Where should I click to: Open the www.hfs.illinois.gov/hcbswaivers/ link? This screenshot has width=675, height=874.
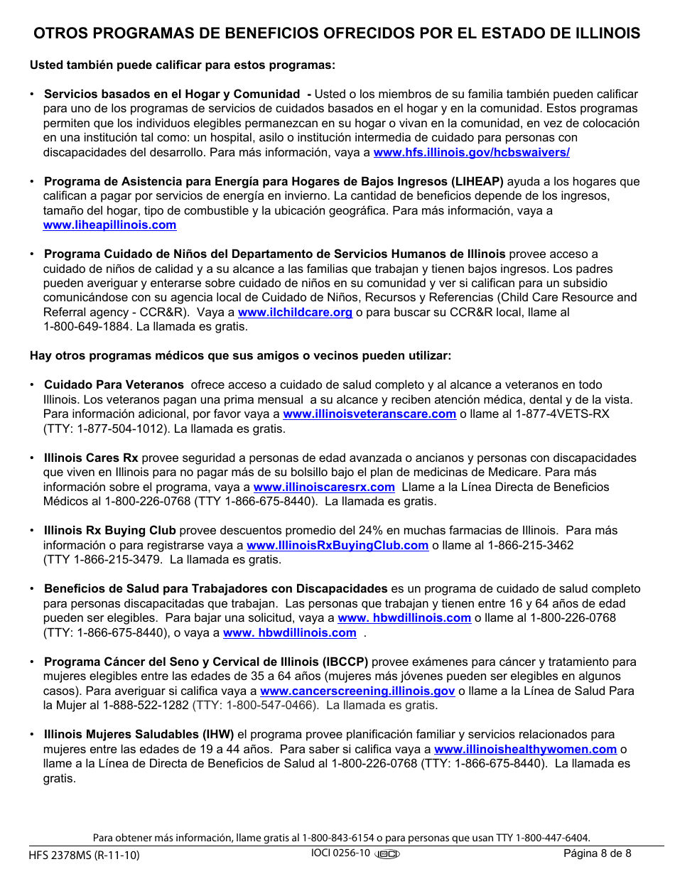[x=471, y=152]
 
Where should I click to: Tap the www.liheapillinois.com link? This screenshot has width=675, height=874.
[x=109, y=225]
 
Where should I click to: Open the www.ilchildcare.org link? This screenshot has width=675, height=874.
[x=295, y=312]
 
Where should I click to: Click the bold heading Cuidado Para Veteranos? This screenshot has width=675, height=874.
[x=114, y=384]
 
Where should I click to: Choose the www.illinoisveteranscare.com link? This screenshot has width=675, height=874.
[x=369, y=414]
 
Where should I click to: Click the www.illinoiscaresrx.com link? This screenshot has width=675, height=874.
[x=324, y=487]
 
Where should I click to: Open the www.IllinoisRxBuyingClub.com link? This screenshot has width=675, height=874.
[x=337, y=545]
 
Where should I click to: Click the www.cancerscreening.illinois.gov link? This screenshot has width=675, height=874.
[x=357, y=691]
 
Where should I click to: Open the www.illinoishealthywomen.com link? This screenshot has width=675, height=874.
[x=525, y=749]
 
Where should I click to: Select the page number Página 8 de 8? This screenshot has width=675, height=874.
[x=597, y=853]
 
